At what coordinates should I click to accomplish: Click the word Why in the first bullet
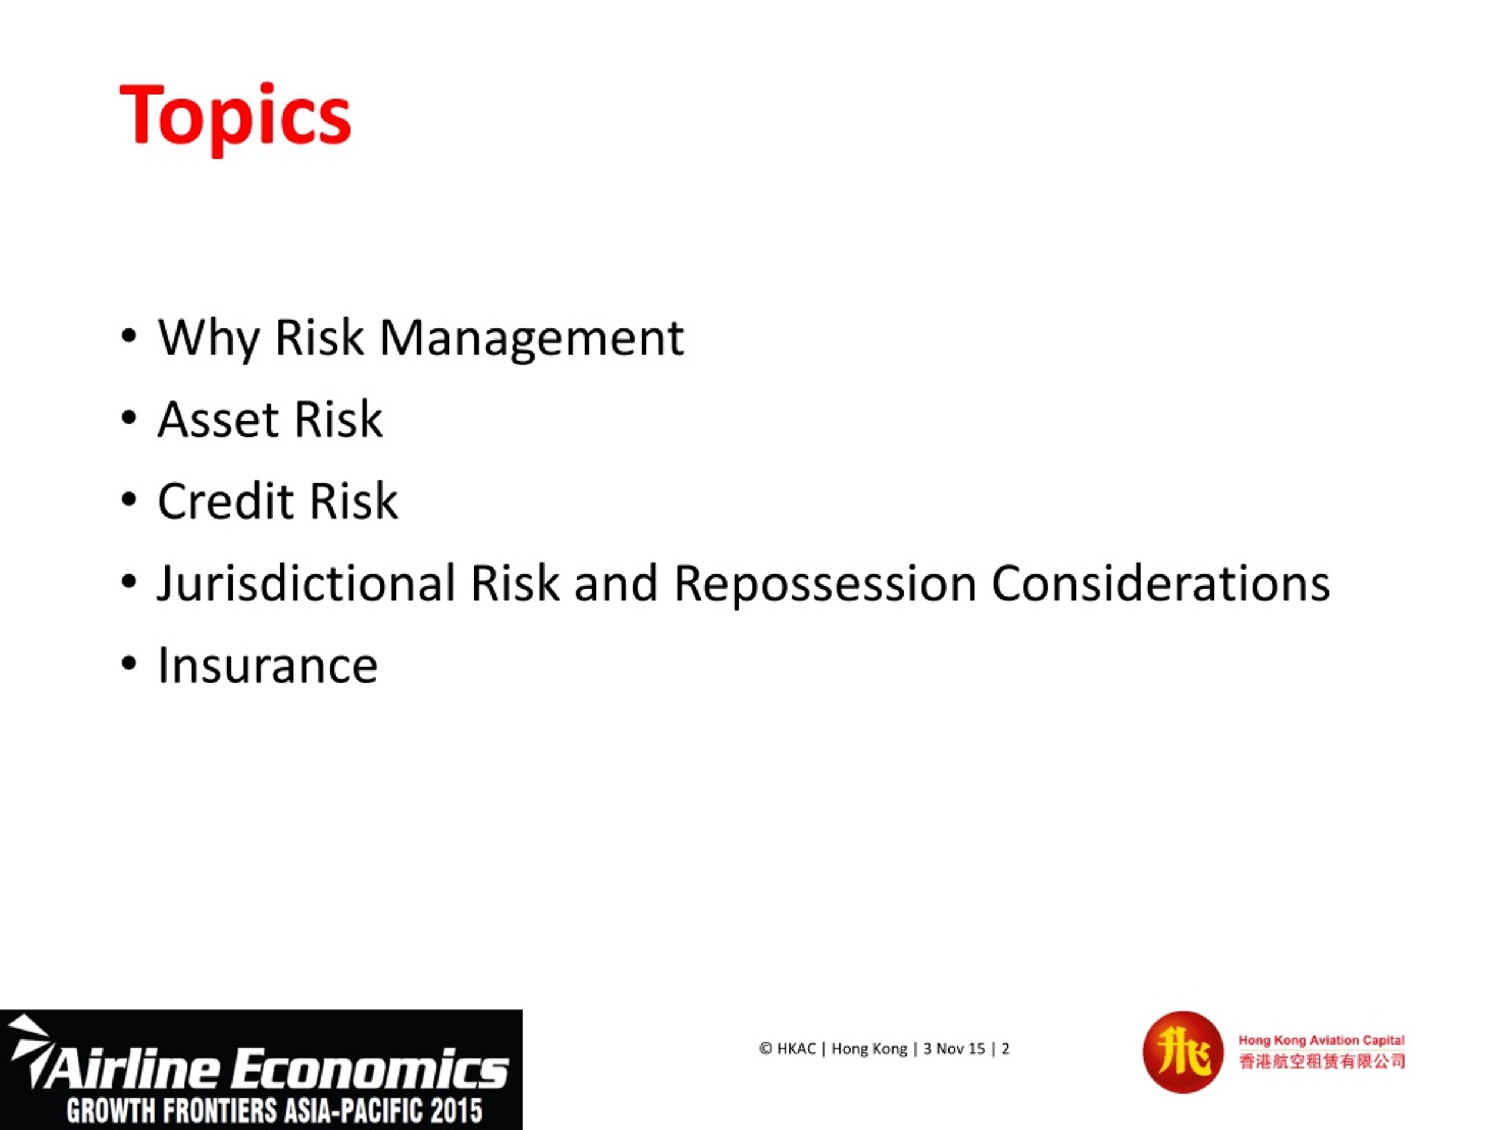pos(208,338)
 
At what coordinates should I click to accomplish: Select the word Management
pos(532,338)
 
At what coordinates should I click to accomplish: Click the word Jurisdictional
pos(306,584)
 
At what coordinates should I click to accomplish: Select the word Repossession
pos(825,584)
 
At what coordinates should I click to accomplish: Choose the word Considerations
pos(1160,584)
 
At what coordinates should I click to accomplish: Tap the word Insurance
pos(267,666)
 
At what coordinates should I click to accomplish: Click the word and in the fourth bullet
pos(615,584)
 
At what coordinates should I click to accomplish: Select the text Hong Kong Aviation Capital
pos(1321,1040)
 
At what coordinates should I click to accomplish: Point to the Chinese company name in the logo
pos(1321,1062)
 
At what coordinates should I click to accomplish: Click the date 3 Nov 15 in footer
pos(954,1049)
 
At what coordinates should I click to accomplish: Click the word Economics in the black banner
pos(371,1069)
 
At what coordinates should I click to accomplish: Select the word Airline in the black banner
pos(133,1069)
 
